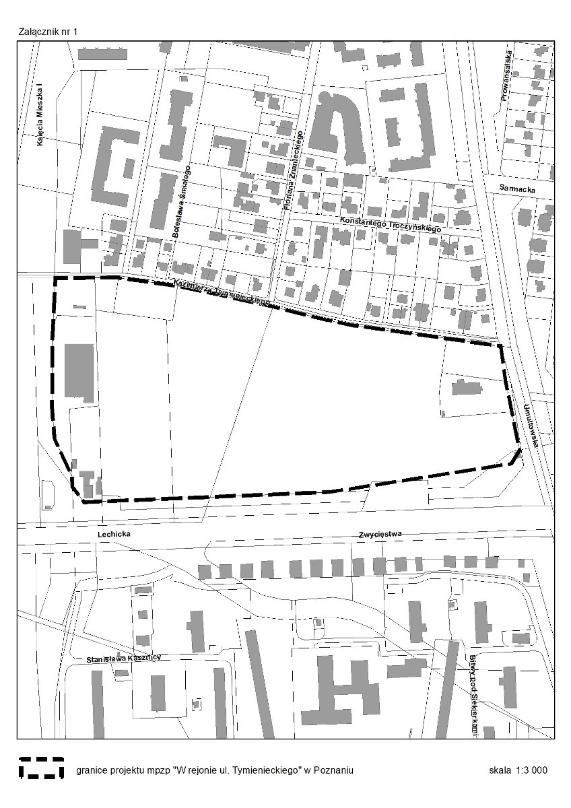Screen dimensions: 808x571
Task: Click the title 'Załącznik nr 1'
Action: (50, 32)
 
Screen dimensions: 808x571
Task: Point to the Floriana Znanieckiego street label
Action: (294, 170)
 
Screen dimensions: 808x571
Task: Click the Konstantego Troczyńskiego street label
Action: (390, 225)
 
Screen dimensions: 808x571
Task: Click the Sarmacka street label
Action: (518, 190)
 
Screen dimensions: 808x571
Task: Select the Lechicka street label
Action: (112, 533)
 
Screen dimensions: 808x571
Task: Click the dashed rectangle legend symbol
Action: (42, 768)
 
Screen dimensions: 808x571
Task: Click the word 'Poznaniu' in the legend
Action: (334, 770)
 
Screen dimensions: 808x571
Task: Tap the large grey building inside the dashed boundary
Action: (79, 371)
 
